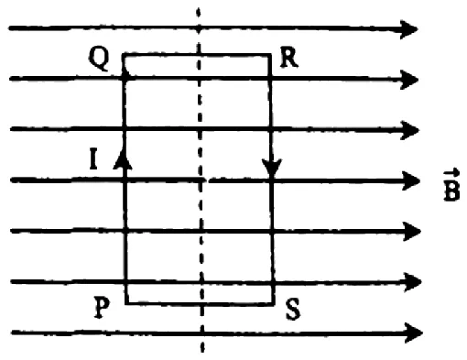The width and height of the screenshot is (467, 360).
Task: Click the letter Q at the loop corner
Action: [x=99, y=59]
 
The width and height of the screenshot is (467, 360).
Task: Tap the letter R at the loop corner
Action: [x=289, y=58]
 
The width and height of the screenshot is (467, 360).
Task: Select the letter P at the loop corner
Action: [x=102, y=308]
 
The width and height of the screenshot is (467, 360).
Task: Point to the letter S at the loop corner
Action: [x=293, y=310]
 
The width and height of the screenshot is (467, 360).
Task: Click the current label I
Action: [x=94, y=158]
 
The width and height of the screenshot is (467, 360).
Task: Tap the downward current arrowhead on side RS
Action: [x=272, y=168]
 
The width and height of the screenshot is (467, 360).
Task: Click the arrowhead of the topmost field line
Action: [x=409, y=29]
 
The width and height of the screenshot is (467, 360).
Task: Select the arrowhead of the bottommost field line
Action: [x=413, y=333]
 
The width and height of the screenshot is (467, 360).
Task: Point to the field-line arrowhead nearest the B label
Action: [x=411, y=181]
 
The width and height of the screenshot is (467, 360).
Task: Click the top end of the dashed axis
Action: [x=199, y=8]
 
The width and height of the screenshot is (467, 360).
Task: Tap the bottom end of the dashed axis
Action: [x=202, y=351]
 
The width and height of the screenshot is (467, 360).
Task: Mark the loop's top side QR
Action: [x=197, y=55]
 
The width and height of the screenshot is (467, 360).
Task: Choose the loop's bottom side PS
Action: [x=200, y=304]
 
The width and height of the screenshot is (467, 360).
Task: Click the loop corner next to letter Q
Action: [x=124, y=55]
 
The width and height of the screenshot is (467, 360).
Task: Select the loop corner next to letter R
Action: [x=270, y=55]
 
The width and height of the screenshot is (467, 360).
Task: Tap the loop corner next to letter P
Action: [x=126, y=304]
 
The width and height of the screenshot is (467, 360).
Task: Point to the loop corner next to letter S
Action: [x=274, y=304]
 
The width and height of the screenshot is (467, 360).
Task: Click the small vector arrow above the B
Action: [x=451, y=173]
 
